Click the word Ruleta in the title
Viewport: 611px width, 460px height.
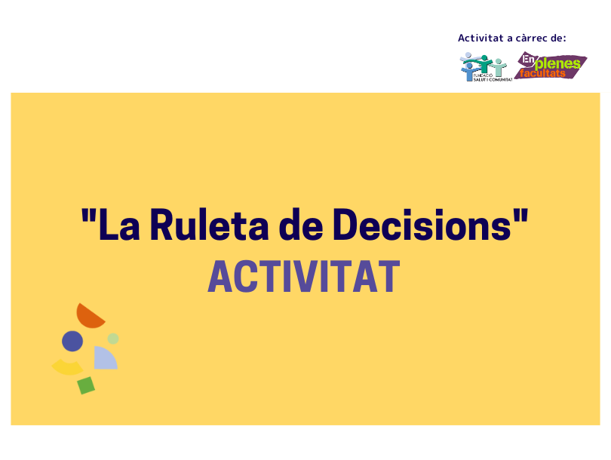pos(209,225)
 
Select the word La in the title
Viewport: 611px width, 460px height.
pos(119,225)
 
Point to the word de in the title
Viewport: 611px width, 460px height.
pos(301,225)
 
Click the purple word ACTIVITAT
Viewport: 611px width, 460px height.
pos(304,276)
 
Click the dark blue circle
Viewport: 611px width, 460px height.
pos(72,341)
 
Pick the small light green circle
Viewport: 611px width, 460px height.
pos(113,339)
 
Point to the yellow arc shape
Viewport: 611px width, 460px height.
pos(67,369)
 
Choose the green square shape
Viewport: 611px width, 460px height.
pos(86,385)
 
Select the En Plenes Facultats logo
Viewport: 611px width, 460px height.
pos(551,66)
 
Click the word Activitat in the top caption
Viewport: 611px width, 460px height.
pos(481,38)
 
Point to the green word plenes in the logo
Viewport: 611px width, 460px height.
pos(558,64)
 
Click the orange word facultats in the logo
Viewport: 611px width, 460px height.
pos(542,73)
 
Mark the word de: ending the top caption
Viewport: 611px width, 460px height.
pos(558,38)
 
